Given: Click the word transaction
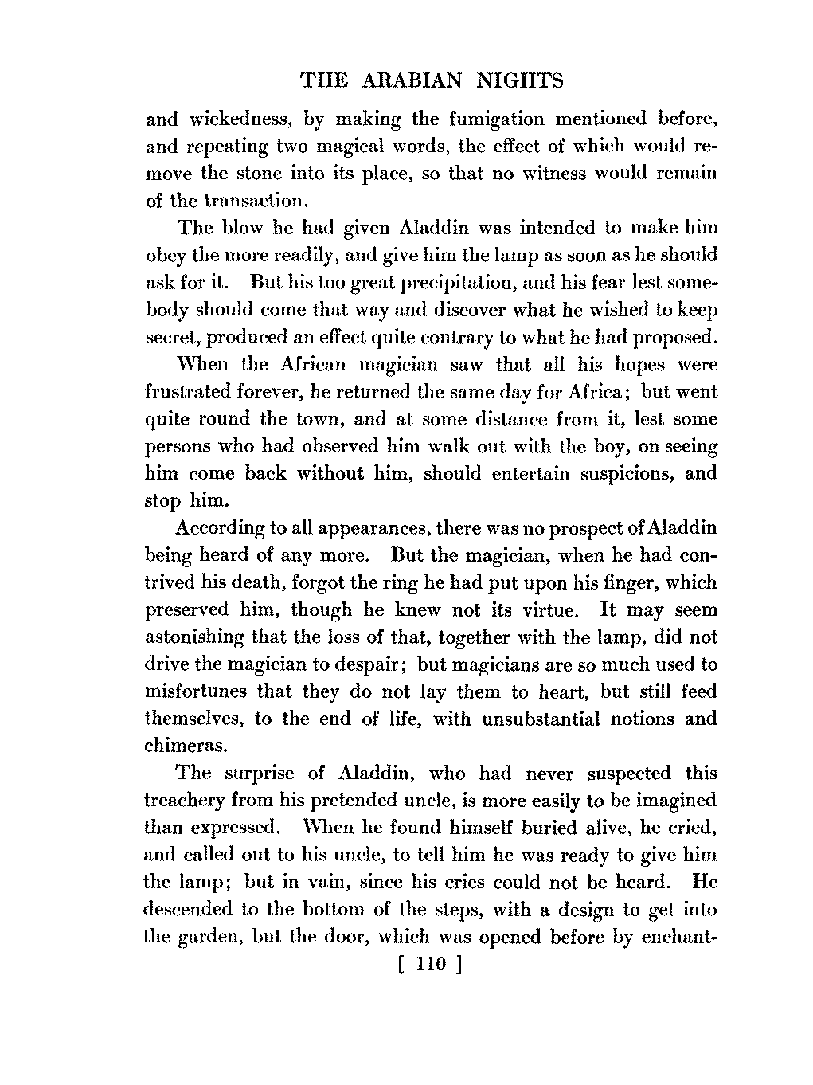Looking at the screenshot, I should (x=238, y=201).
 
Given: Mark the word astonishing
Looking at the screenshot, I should (x=194, y=637).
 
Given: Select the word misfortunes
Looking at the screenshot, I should (x=196, y=691).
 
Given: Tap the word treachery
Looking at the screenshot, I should (x=183, y=801).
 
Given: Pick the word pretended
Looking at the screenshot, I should (x=372, y=801).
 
